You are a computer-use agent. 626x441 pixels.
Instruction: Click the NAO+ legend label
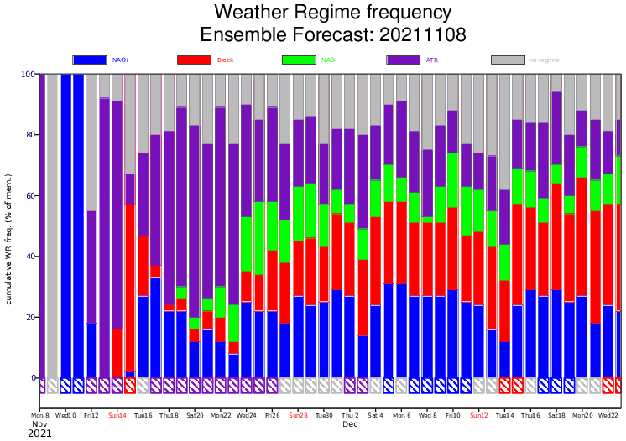click(120, 60)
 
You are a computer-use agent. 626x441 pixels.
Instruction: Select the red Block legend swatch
click(194, 60)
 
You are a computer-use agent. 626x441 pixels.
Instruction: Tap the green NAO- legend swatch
click(299, 60)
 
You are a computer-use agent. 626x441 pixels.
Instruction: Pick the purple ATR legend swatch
click(403, 60)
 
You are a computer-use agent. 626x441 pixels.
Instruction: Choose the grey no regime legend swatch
click(508, 60)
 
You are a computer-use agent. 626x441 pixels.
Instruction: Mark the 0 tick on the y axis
click(33, 378)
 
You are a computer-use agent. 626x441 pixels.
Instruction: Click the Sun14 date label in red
click(117, 415)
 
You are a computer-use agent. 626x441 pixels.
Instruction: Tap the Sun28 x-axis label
click(298, 415)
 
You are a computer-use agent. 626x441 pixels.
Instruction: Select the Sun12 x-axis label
click(479, 415)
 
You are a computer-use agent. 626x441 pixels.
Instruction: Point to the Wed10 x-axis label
click(65, 415)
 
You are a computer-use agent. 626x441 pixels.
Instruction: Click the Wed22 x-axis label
click(608, 415)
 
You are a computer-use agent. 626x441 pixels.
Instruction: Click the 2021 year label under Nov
click(40, 434)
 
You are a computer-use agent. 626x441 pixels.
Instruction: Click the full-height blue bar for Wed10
click(65, 226)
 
